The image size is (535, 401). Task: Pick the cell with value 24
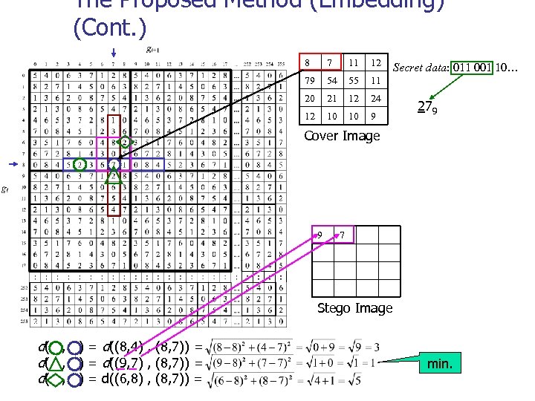point(376,99)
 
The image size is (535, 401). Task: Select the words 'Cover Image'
point(343,136)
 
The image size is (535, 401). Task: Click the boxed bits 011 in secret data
point(441,68)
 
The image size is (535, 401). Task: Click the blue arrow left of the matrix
point(13,164)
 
